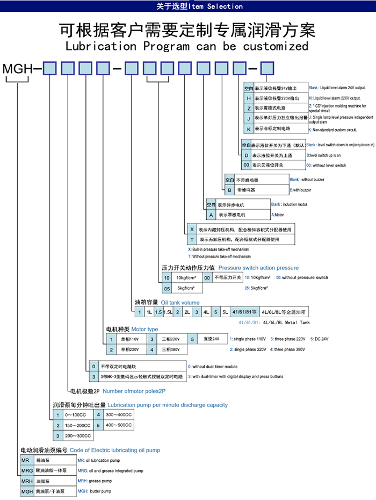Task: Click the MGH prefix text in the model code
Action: (x=17, y=69)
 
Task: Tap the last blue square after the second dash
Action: (x=267, y=69)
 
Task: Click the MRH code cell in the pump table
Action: (x=27, y=481)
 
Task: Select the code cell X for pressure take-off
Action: (x=192, y=229)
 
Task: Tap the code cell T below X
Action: (x=192, y=239)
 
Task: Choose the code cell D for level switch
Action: (x=247, y=155)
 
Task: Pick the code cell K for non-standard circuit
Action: (x=249, y=129)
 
